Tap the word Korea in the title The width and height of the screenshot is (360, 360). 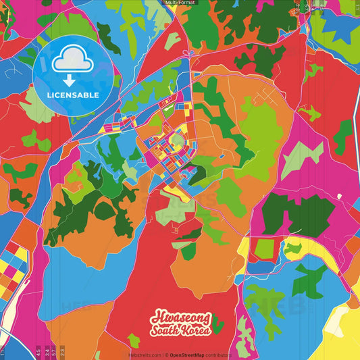(x=197, y=330)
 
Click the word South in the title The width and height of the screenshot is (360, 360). (x=166, y=330)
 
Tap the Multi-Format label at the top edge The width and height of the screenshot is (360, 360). (x=180, y=3)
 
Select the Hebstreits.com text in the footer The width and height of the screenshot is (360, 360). (x=144, y=355)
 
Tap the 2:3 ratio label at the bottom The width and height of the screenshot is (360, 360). (x=62, y=351)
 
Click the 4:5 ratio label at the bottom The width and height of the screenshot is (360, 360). (x=38, y=351)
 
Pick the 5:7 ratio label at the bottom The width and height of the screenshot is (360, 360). (x=54, y=351)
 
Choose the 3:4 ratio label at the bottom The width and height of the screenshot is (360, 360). (x=46, y=351)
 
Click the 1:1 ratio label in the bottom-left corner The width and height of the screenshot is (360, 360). (x=3, y=352)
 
